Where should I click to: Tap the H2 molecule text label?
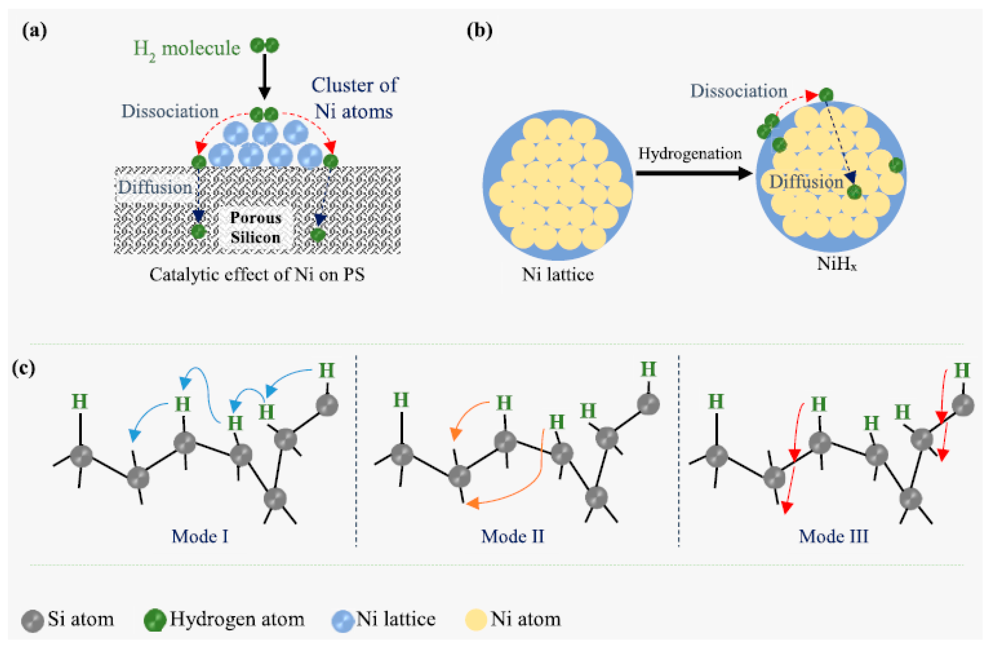(186, 49)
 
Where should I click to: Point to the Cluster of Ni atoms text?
(354, 98)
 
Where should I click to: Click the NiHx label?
(836, 264)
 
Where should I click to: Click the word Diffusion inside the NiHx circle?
(806, 182)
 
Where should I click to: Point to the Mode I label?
(200, 536)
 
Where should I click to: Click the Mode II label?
(512, 536)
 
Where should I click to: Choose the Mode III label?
(834, 536)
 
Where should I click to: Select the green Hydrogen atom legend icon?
(155, 621)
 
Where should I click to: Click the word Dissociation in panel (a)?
(170, 112)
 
